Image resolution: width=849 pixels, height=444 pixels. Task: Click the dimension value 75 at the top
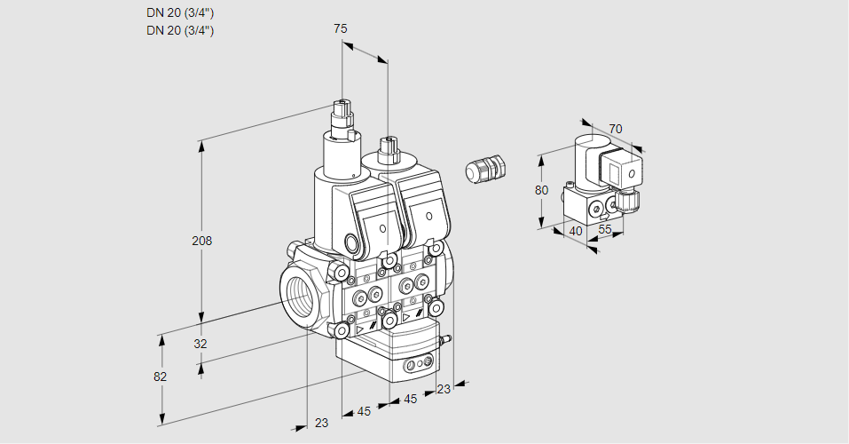341,28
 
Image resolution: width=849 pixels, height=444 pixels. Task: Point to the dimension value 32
200,344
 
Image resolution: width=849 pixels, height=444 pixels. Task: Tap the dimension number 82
160,377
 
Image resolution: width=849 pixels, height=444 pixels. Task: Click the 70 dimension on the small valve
616,129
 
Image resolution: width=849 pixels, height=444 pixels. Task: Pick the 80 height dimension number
543,190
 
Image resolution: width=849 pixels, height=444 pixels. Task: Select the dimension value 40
575,231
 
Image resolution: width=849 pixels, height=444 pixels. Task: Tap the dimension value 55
606,229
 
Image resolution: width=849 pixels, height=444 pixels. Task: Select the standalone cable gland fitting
485,168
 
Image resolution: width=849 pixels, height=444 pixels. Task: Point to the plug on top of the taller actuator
342,116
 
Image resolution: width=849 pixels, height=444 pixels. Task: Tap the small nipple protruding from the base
447,338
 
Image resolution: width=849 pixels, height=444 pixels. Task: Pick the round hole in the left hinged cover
383,229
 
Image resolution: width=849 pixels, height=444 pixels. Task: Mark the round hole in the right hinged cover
428,217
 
